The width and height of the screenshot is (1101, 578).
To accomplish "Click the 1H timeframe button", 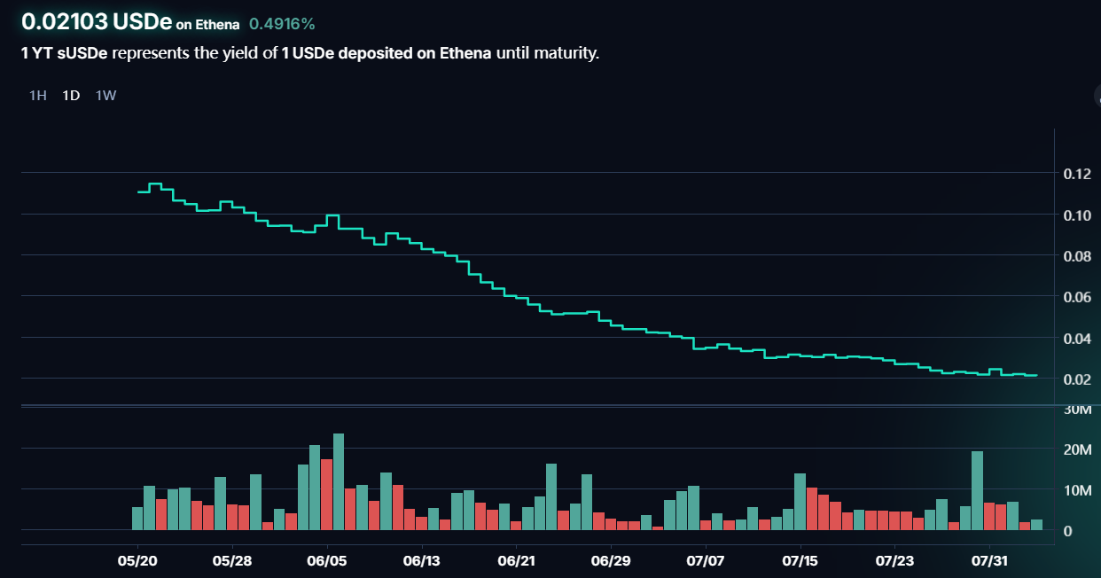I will (x=37, y=96).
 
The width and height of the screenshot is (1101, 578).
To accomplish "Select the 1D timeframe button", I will (x=71, y=96).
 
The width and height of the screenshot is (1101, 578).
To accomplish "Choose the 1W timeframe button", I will (x=105, y=96).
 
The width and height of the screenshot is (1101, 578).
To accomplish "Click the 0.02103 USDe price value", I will (x=96, y=22).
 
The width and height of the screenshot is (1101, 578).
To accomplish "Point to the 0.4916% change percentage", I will (x=282, y=24).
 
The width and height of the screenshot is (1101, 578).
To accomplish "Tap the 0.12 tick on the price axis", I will (x=1076, y=174).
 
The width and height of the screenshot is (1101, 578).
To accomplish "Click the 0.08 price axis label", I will (x=1076, y=256).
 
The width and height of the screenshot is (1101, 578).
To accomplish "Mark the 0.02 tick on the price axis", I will (x=1076, y=379).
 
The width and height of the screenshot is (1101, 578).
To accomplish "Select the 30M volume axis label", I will (x=1078, y=410).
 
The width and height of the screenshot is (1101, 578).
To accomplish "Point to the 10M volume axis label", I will (x=1078, y=491).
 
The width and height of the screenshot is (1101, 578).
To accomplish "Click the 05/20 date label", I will (x=138, y=560).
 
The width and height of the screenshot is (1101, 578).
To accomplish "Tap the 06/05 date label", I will (x=327, y=560).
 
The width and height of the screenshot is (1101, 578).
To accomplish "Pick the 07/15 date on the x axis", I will (x=800, y=560).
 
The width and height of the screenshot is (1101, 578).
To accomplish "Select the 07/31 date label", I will (x=989, y=560).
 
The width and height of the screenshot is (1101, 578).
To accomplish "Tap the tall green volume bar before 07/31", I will (x=977, y=490).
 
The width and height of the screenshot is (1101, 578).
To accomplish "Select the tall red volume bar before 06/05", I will (x=326, y=494).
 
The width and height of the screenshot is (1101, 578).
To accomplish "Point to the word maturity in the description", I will (x=565, y=53).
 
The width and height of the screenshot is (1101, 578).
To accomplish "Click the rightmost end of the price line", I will (x=1035, y=375).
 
